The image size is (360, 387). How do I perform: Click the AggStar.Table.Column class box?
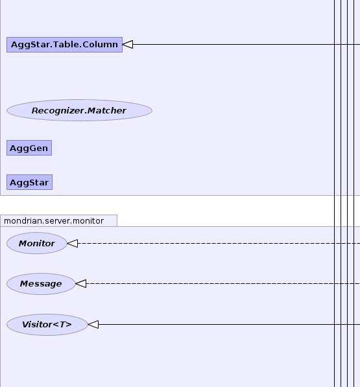[64, 45]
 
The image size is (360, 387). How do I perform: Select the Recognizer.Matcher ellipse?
[79, 110]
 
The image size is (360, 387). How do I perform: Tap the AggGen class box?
[29, 148]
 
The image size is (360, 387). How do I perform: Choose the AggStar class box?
[29, 182]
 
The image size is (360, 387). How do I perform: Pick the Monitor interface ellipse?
[37, 243]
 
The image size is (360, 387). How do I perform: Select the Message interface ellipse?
[41, 284]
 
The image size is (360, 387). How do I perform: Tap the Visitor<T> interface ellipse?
[47, 325]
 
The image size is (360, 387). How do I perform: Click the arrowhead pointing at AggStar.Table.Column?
[128, 45]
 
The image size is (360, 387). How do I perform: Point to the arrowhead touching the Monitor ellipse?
[73, 243]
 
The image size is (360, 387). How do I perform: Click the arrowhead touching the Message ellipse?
[80, 283]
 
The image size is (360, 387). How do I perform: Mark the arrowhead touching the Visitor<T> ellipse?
[93, 324]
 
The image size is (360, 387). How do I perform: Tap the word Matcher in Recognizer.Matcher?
[106, 111]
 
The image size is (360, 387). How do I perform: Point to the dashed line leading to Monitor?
[219, 243]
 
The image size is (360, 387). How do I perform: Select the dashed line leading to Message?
[223, 283]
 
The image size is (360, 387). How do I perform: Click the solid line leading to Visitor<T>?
[229, 324]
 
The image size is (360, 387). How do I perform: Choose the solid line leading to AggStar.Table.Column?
[246, 45]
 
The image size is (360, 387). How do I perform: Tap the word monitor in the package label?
[88, 221]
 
